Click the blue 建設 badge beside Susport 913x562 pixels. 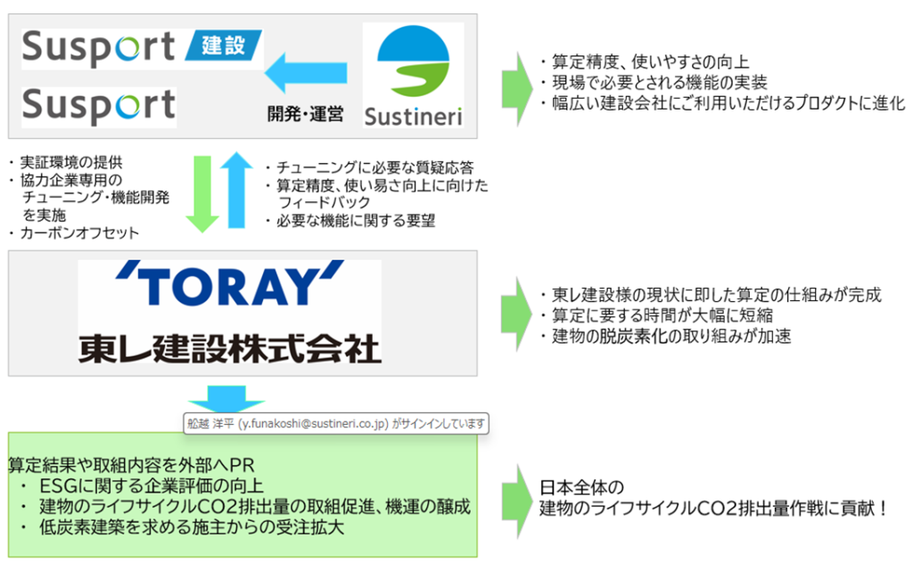point(224,45)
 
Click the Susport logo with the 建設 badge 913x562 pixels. point(142,48)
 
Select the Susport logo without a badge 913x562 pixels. point(99,106)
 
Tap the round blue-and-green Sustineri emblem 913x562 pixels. point(414,61)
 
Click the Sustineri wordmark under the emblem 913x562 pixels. point(414,117)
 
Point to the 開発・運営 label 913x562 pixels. point(305,114)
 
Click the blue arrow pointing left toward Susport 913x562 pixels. point(306,73)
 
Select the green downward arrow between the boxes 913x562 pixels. point(202,194)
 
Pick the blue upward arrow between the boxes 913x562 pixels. point(236,190)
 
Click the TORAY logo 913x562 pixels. point(229,283)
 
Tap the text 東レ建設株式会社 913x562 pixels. point(229,348)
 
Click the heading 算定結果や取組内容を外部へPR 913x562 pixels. point(132,465)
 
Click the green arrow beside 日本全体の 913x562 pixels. point(517,501)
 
